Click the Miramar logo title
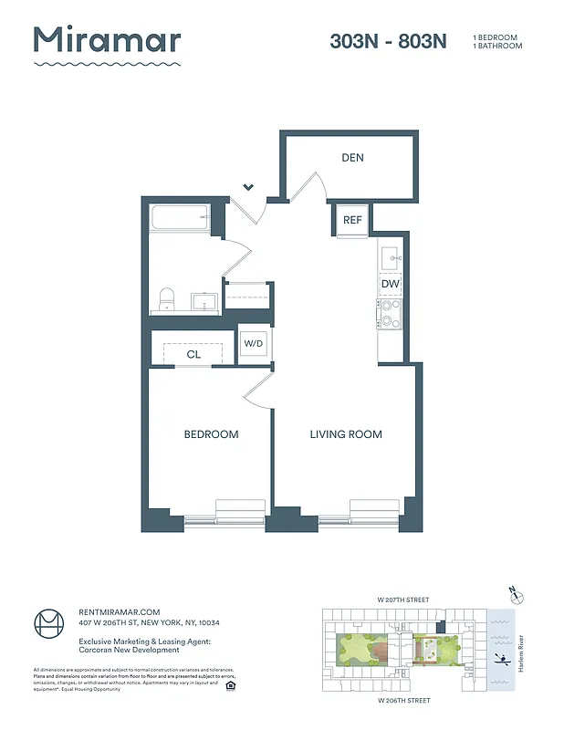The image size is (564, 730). (x=107, y=41)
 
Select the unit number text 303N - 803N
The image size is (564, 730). (x=388, y=41)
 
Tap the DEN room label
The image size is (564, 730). (x=352, y=158)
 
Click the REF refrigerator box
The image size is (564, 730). (x=352, y=220)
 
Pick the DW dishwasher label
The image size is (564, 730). (x=391, y=285)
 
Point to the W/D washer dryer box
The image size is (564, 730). (x=253, y=343)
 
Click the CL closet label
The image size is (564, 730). (x=193, y=354)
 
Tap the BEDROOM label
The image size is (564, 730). (x=211, y=434)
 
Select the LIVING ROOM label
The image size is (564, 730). (x=345, y=434)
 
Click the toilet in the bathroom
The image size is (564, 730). (x=167, y=298)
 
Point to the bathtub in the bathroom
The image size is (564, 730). (x=180, y=218)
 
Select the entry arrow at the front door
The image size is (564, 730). (x=248, y=188)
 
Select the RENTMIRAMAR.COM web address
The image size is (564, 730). (x=119, y=611)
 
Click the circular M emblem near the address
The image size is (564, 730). (x=50, y=625)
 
